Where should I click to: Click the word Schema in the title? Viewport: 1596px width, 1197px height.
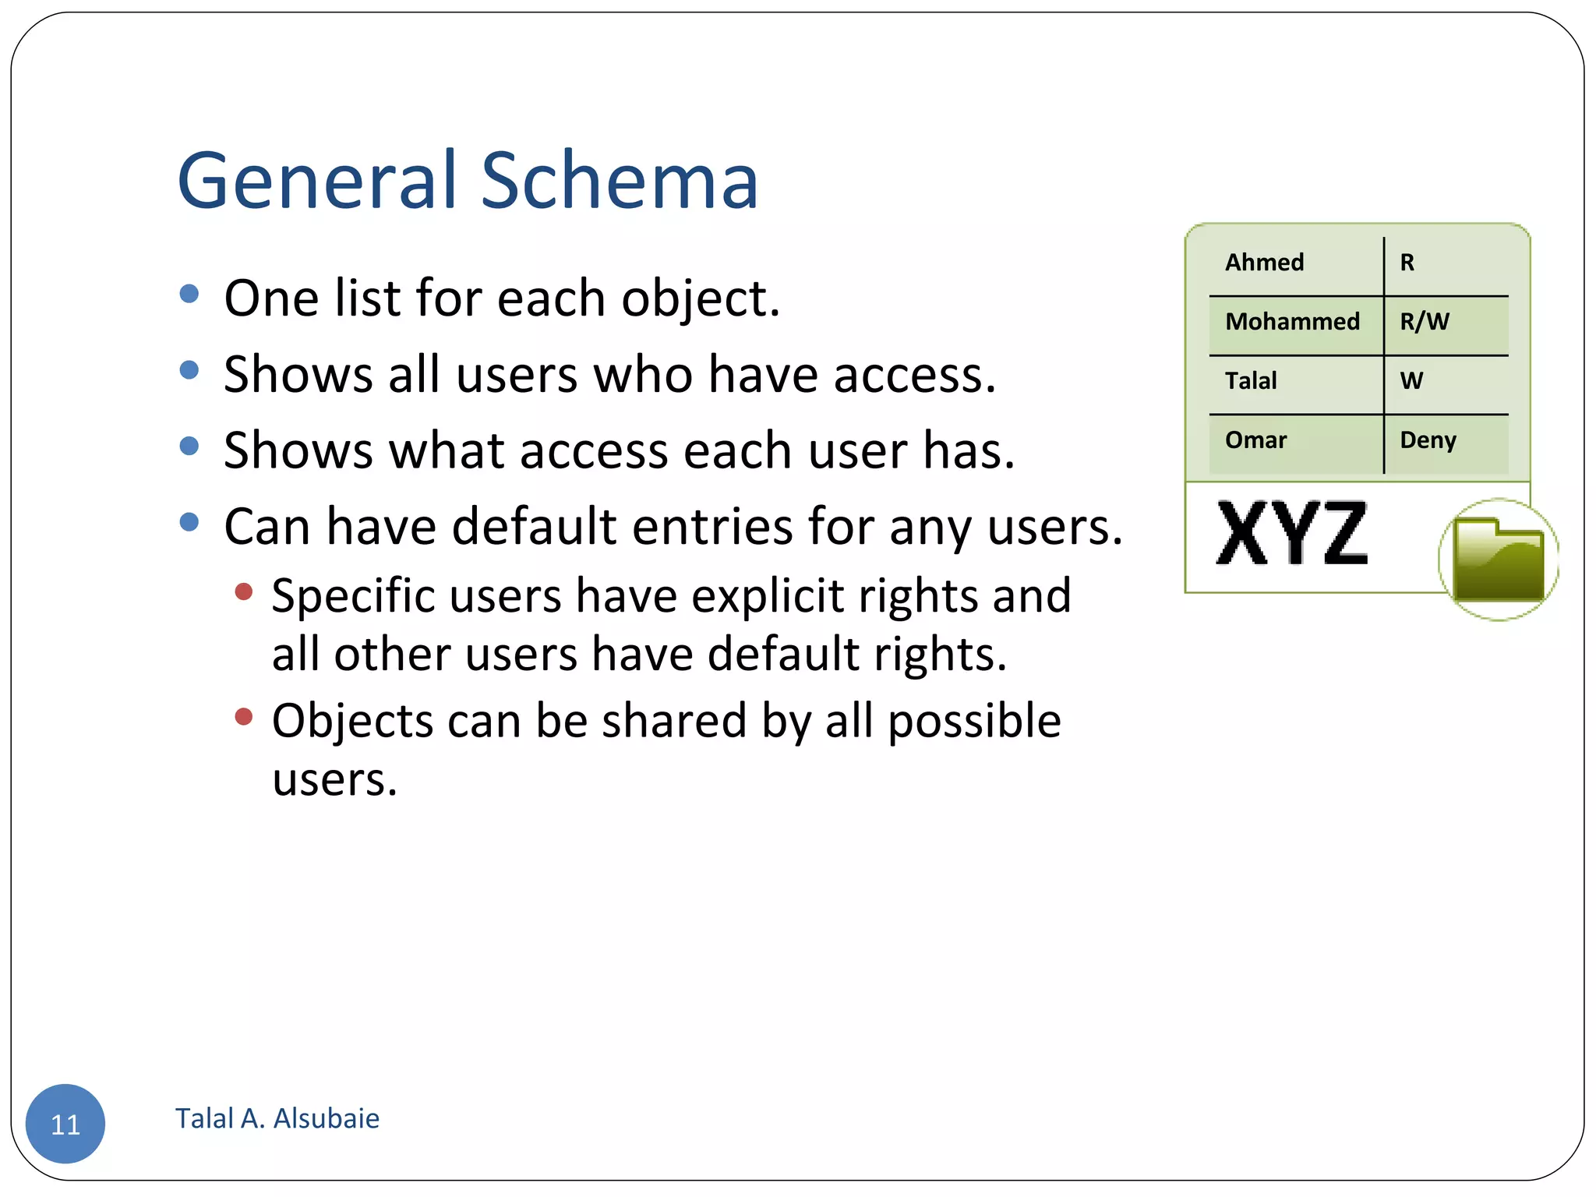620,181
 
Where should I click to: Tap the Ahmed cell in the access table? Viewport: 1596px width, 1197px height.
1264,263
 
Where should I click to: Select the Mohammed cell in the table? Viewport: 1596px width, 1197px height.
1292,322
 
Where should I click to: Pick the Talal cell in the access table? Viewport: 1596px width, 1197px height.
1251,381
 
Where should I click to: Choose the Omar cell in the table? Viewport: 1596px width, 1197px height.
1255,440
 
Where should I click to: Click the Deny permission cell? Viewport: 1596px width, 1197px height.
1428,441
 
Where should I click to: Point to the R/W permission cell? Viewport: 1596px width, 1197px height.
1425,322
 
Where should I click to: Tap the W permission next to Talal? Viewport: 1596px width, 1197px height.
1411,381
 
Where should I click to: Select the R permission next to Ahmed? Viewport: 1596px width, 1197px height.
1407,263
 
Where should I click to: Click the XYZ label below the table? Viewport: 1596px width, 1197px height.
1292,535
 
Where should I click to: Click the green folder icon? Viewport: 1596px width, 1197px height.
1498,560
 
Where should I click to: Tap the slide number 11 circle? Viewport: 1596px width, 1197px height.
65,1124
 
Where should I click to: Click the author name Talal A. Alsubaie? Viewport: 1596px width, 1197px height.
277,1119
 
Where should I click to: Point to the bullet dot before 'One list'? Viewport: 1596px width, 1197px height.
189,294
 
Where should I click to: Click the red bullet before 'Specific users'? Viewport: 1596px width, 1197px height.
244,592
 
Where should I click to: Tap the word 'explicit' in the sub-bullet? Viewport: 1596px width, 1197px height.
768,597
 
